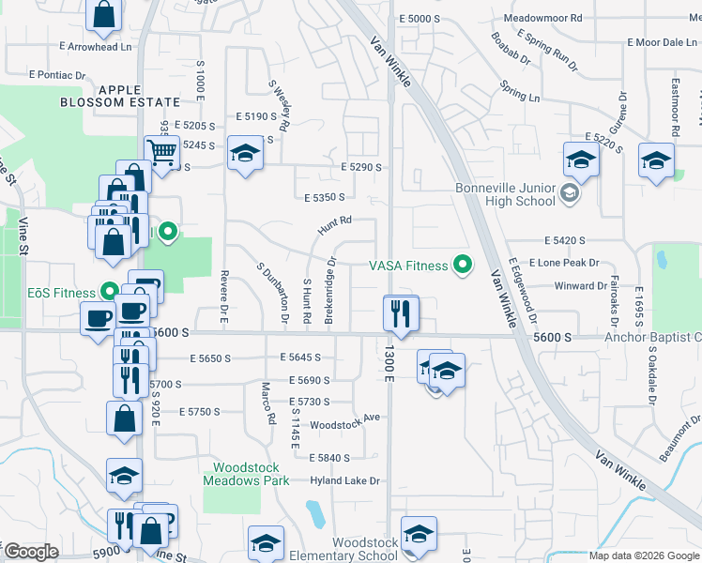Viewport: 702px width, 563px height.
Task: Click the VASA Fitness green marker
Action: click(x=461, y=266)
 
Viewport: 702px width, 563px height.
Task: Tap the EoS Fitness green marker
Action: click(x=110, y=293)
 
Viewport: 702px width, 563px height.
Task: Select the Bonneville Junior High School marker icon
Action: click(x=569, y=194)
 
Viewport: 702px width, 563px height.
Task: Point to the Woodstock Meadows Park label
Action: click(x=246, y=473)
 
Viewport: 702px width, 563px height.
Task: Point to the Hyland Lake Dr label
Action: click(x=344, y=481)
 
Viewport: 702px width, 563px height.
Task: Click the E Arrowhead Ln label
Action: click(x=95, y=46)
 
